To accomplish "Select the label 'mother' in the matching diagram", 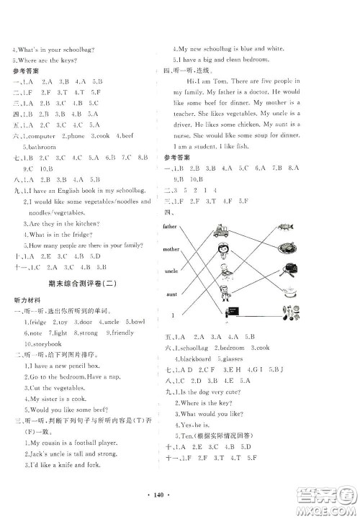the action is click(x=172, y=249).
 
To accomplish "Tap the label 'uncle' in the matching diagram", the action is click(x=172, y=274).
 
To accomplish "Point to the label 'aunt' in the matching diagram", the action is click(x=171, y=295).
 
